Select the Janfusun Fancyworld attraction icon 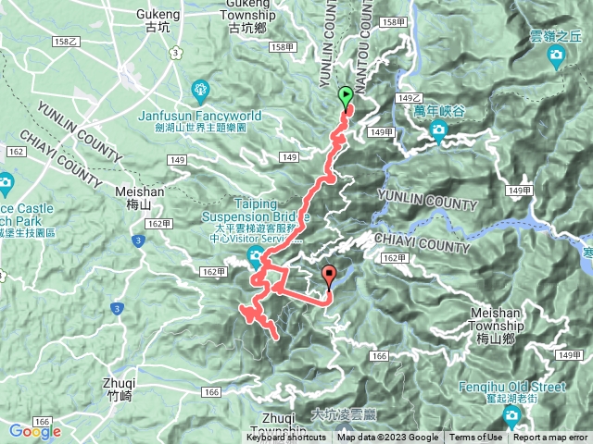(202, 90)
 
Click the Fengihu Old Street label (510, 387)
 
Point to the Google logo (34, 431)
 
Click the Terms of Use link (476, 438)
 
